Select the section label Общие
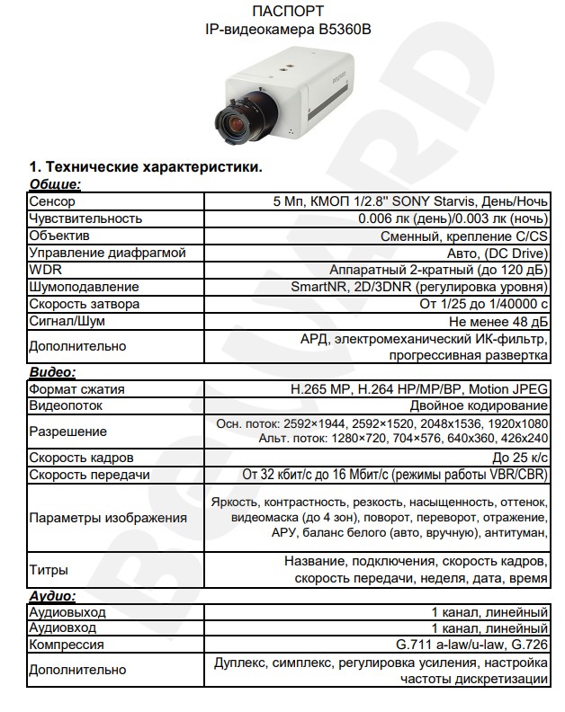tap(56, 184)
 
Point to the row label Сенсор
tap(51, 201)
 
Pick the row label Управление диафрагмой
tap(107, 253)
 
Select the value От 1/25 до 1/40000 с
tap(484, 304)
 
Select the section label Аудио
tap(51, 595)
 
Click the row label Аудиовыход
tap(67, 612)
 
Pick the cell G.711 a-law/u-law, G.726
tap(472, 645)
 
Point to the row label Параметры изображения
tap(108, 518)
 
